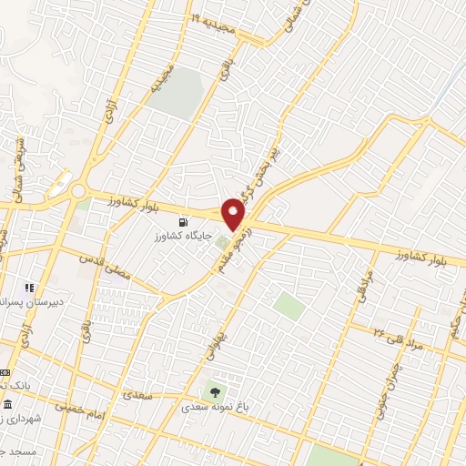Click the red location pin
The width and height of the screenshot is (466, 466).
[x=234, y=213]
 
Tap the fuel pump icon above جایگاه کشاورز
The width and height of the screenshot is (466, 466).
[x=186, y=221]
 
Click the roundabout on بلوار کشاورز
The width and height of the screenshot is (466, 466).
[x=77, y=190]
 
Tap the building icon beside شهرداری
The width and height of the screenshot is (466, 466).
[x=7, y=404]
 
